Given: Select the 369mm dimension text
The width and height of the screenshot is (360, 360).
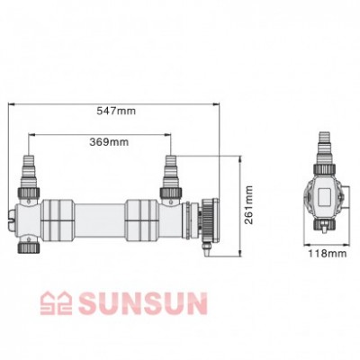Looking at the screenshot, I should point(99,141).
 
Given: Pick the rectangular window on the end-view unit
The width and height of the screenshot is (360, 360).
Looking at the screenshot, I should point(324,196).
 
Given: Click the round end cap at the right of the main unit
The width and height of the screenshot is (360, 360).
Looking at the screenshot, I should point(208,217).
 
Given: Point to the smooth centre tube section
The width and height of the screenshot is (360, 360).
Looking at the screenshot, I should point(99,217).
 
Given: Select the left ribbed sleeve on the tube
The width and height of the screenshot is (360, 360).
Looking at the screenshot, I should point(56,217).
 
